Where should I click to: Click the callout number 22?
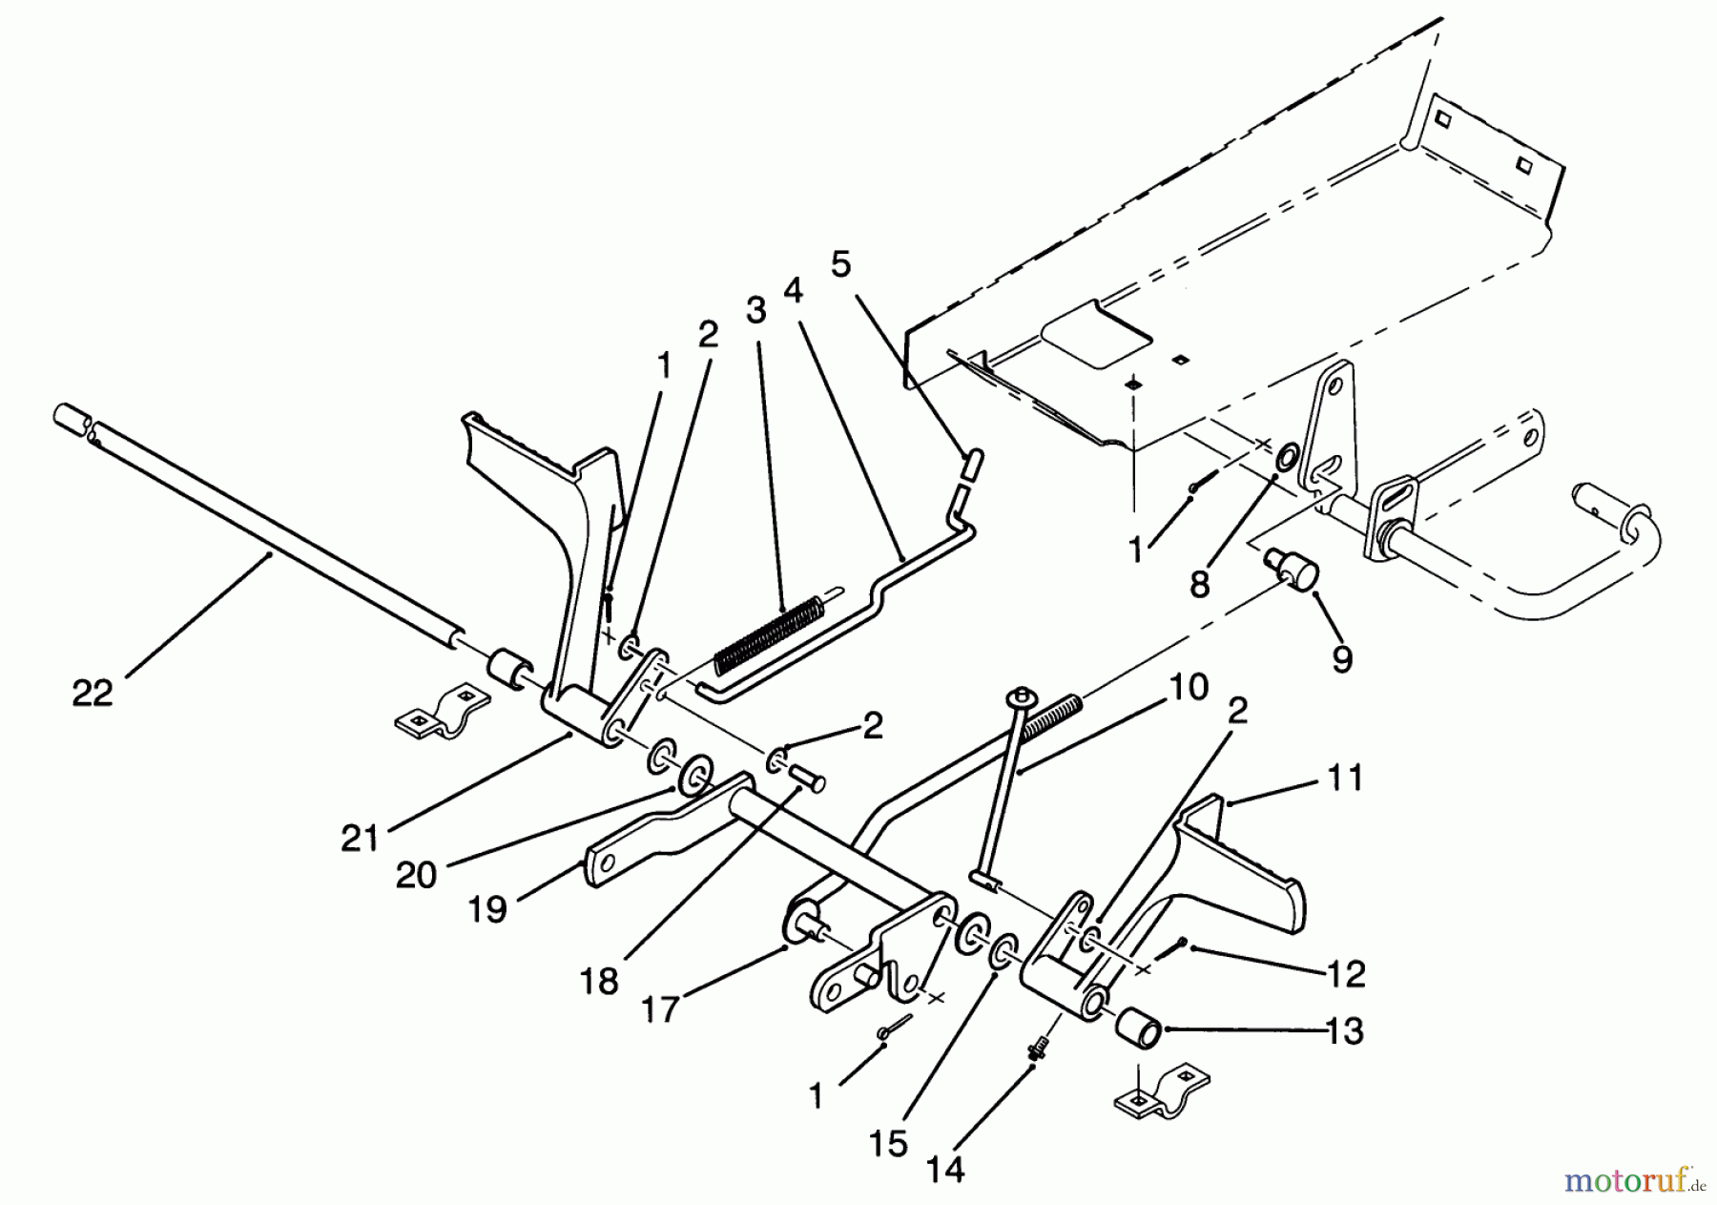pyautogui.click(x=93, y=693)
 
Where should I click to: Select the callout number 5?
pyautogui.click(x=840, y=264)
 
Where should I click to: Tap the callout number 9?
pyautogui.click(x=1342, y=659)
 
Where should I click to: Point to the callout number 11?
pyautogui.click(x=1345, y=779)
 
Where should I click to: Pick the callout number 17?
pyautogui.click(x=660, y=1008)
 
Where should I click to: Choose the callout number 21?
pyautogui.click(x=360, y=839)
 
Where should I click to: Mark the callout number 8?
pyautogui.click(x=1200, y=583)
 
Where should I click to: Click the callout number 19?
pyautogui.click(x=487, y=909)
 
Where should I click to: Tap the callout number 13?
pyautogui.click(x=1345, y=1031)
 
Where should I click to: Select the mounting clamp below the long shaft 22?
pyautogui.click(x=441, y=711)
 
